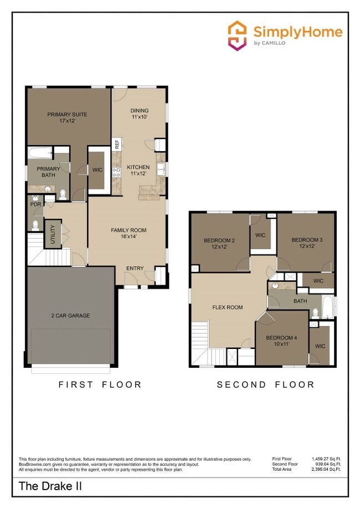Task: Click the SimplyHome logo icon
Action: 238,35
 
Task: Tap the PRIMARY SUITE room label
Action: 67,117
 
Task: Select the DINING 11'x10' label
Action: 139,114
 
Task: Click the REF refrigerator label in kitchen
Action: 117,143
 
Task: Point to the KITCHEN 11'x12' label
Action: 138,170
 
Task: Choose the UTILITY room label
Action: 53,234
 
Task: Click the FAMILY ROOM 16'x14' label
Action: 128,233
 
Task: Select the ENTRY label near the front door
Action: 135,269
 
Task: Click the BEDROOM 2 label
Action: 219,243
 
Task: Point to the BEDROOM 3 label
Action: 307,242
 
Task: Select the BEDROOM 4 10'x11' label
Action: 281,340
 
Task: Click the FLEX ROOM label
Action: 227,307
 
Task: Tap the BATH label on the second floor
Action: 300,301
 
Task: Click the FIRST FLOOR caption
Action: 100,384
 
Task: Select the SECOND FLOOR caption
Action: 265,384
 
